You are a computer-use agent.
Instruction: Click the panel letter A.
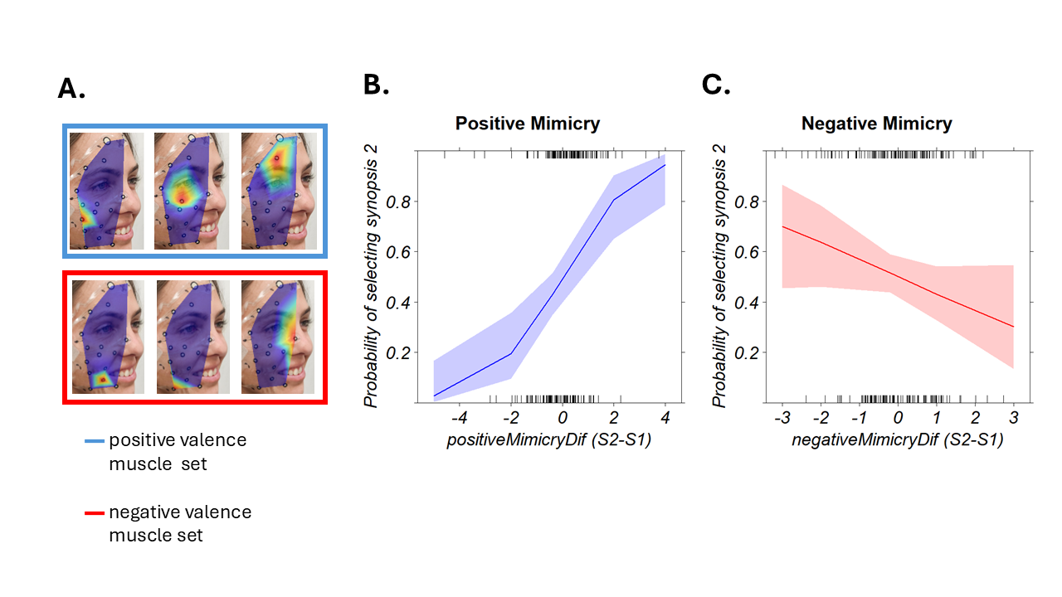pos(71,89)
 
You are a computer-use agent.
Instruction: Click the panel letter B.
pos(376,84)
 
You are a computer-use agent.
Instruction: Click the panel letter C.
pos(716,84)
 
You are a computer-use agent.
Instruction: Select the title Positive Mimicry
pos(527,124)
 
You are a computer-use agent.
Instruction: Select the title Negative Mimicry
pos(876,124)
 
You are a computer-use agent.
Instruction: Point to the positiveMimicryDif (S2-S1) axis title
pos(548,440)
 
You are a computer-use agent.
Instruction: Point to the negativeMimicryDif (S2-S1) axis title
pos(898,440)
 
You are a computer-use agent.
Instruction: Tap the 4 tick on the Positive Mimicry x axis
pos(665,415)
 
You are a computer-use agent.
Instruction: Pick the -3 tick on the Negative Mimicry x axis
pos(782,415)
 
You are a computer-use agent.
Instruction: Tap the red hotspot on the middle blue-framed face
pos(181,200)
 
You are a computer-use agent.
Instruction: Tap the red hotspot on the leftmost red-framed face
pos(102,379)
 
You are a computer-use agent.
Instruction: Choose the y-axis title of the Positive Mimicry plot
pos(371,276)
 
